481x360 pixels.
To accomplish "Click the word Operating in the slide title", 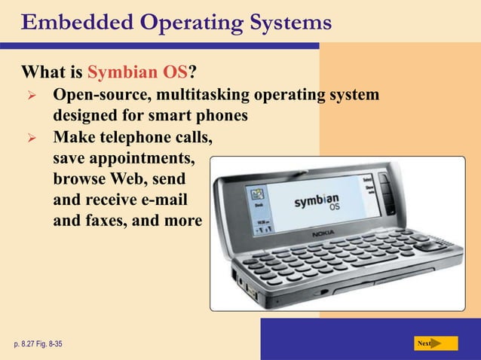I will click(179, 23).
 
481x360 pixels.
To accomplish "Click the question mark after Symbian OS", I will click(194, 74).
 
